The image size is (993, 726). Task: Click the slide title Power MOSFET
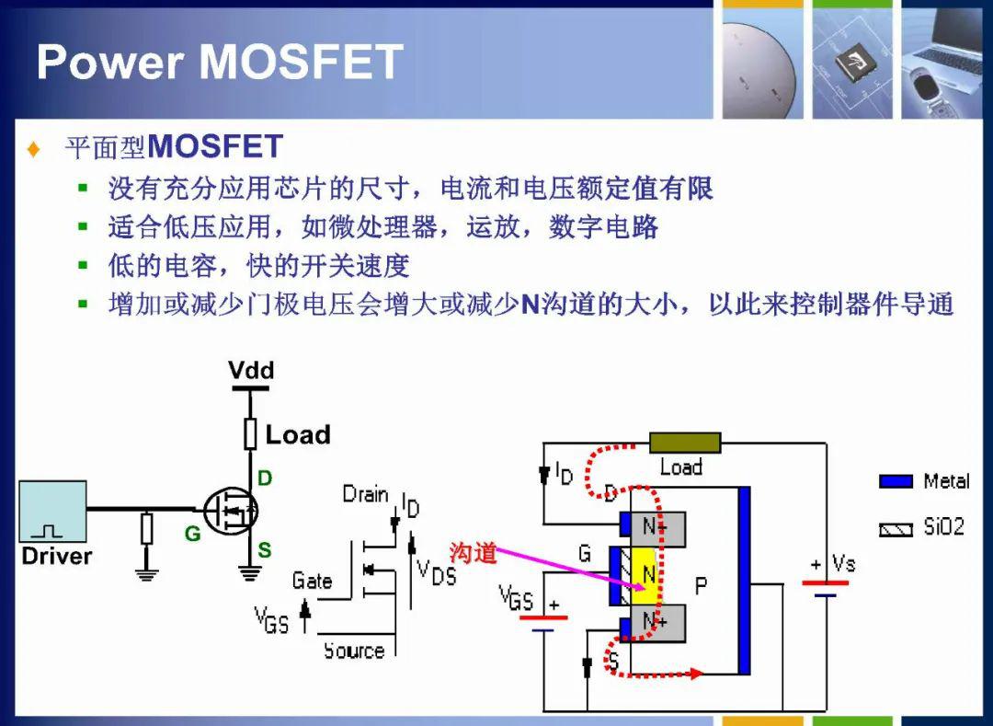click(x=220, y=62)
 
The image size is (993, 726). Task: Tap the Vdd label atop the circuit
click(x=251, y=370)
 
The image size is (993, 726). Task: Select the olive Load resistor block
click(x=685, y=443)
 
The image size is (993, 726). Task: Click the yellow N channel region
click(x=646, y=575)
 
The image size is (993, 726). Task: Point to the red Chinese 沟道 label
click(x=473, y=552)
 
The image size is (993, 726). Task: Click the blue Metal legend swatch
click(x=896, y=481)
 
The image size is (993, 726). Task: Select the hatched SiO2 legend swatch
click(x=896, y=529)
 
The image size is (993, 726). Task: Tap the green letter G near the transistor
click(x=192, y=534)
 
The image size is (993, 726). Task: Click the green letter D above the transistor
click(x=266, y=478)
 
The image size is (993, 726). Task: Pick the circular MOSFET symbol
click(x=231, y=512)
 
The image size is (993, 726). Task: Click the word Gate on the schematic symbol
click(x=312, y=581)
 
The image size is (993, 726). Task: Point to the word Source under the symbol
click(x=354, y=651)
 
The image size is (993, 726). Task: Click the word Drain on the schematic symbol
click(x=365, y=494)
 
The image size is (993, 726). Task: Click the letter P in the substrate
click(x=701, y=586)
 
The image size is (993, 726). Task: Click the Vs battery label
click(x=843, y=563)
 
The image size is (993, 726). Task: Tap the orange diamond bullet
click(x=34, y=149)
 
